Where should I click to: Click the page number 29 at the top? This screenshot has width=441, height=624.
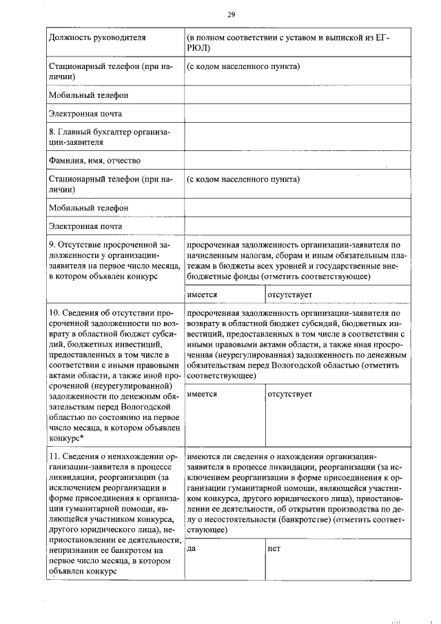[230, 14]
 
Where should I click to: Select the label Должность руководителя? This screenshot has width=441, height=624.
[97, 37]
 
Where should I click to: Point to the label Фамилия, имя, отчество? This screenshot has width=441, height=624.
[95, 161]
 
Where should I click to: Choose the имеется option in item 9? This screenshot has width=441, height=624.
[202, 294]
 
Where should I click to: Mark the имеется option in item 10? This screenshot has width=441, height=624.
[202, 394]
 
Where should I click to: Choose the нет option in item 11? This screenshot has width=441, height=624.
[274, 548]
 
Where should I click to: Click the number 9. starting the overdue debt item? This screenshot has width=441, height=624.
[52, 244]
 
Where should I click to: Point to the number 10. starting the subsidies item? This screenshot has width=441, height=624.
[54, 312]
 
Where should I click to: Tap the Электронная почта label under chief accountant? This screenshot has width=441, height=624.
[85, 225]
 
